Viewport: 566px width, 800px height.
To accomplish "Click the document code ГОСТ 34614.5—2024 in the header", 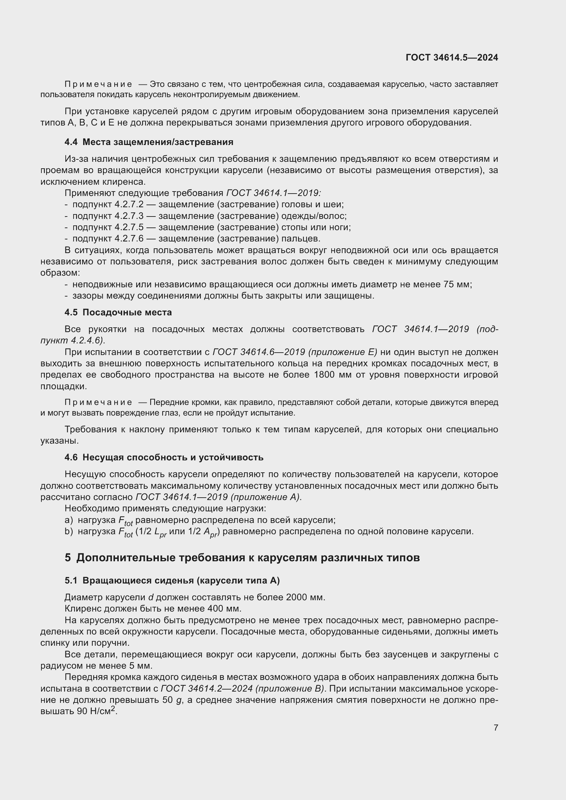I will tap(452, 57).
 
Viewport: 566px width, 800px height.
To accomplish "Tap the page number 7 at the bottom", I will tap(496, 727).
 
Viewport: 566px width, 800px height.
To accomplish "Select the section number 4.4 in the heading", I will tap(71, 142).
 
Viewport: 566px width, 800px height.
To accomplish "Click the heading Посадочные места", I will tap(127, 312).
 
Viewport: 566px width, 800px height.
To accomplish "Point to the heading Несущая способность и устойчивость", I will tap(173, 458).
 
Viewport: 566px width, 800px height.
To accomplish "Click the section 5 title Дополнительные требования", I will tap(247, 558).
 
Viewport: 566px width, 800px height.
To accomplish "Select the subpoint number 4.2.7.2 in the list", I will tap(129, 205).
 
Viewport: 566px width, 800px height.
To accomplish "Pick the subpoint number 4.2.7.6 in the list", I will tap(129, 239).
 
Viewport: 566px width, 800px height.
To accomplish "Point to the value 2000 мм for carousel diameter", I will tap(305, 598).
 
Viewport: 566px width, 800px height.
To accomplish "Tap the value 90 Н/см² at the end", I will tap(96, 711).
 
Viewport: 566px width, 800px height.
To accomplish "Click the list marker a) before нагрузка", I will tap(69, 520).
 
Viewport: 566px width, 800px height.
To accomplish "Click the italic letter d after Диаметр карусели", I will tap(151, 598).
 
